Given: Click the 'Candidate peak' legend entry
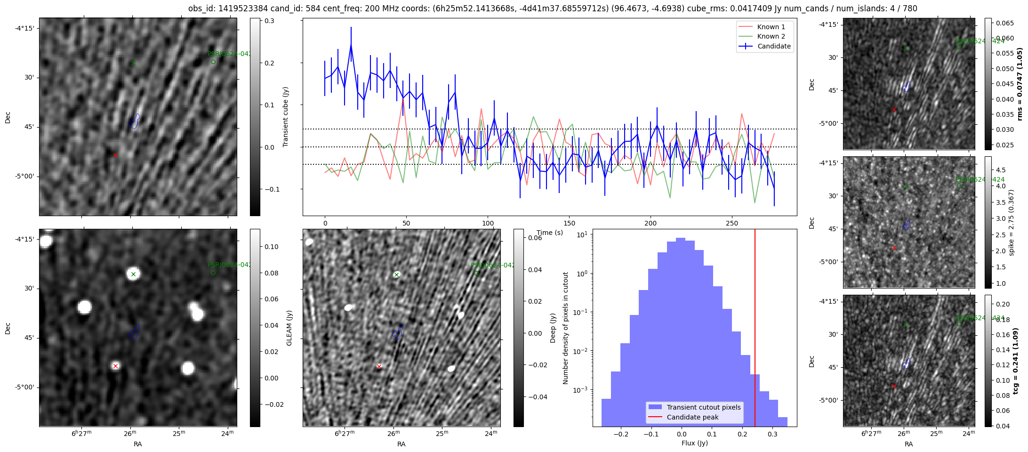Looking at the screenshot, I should (692, 417).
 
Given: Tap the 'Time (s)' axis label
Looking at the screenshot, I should (550, 233).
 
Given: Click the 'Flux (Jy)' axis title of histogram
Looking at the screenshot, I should (694, 443).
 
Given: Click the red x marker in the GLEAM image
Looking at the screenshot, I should (115, 366).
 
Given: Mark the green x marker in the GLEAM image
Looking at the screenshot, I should (133, 274).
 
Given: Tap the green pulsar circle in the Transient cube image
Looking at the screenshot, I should (213, 62).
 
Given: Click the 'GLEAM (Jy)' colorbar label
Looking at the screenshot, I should (289, 328).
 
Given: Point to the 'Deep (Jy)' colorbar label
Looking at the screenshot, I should (553, 328).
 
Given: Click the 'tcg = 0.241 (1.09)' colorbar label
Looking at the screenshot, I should (1015, 361).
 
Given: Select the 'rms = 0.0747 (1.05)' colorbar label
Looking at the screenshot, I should (1020, 84).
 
